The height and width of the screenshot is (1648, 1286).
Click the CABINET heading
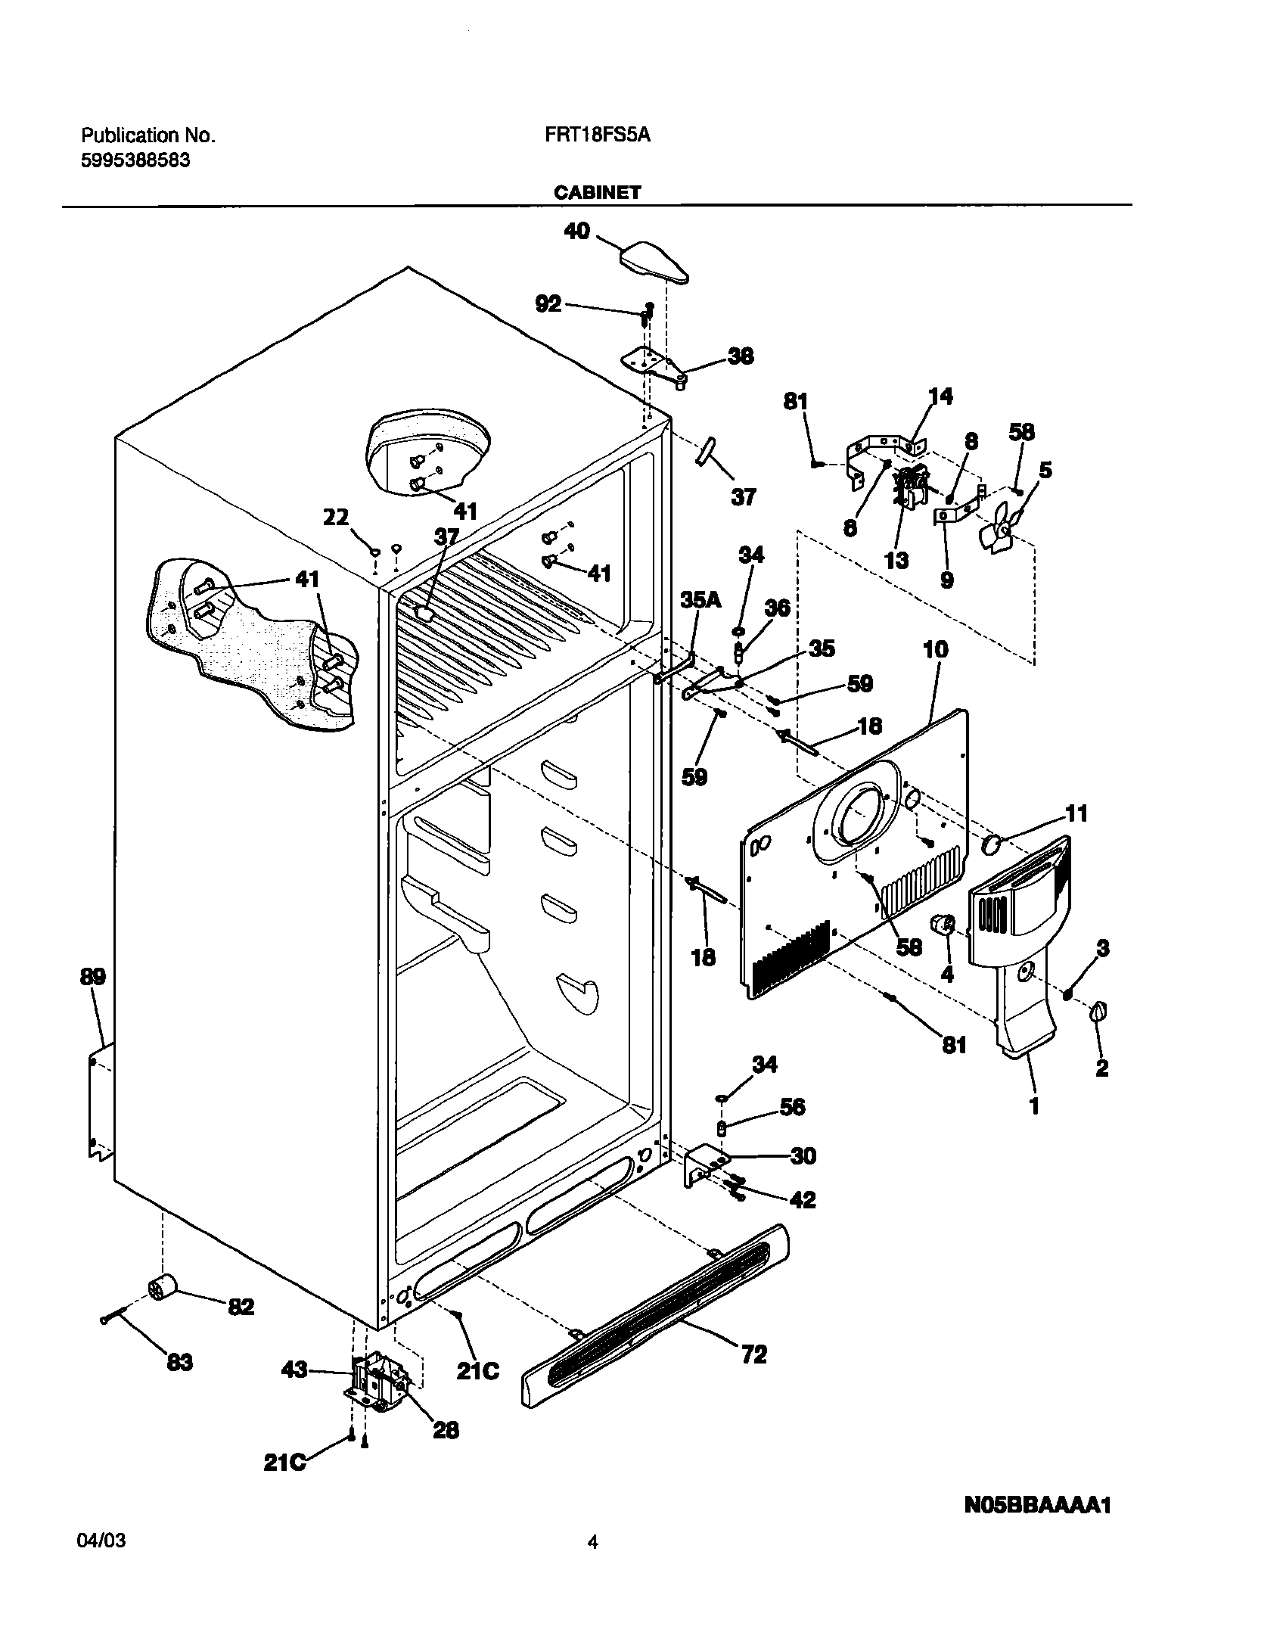pos(597,193)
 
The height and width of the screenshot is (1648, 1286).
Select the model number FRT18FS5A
pos(597,135)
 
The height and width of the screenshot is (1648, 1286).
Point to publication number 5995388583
pos(135,160)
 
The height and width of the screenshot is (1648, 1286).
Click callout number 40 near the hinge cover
pos(576,231)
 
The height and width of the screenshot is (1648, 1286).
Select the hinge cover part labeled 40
pos(654,262)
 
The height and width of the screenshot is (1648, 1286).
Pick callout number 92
pos(548,303)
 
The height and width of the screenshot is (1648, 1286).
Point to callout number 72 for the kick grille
pos(753,1354)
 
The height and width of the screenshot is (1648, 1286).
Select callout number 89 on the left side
pos(92,977)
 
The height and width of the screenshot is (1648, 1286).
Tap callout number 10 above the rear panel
pos(935,649)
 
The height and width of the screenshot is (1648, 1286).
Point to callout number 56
pos(792,1107)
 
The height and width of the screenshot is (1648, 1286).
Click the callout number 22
pos(336,518)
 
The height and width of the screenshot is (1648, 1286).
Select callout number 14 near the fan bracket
pos(940,396)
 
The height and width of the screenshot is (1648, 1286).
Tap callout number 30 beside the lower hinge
pos(803,1155)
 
